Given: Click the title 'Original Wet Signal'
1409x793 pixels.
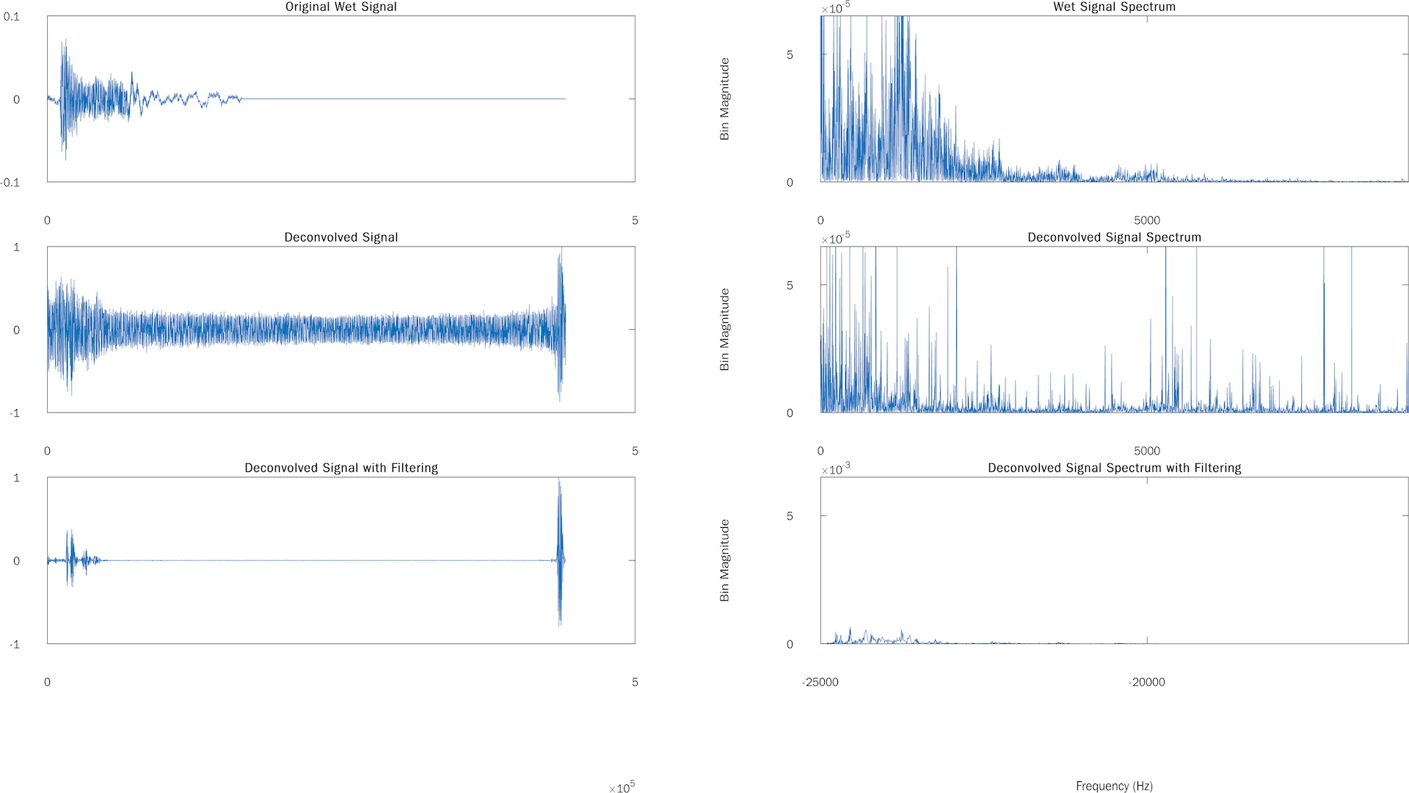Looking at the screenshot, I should [x=341, y=7].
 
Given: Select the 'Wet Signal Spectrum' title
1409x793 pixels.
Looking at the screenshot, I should [x=1114, y=7].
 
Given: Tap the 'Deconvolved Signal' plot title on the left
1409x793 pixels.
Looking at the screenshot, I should [x=341, y=238].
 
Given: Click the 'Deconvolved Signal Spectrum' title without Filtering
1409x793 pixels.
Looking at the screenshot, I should [x=1114, y=238].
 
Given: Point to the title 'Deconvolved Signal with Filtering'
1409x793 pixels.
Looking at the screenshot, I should [x=341, y=468].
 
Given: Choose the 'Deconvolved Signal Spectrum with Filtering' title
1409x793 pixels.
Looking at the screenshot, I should [x=1114, y=468].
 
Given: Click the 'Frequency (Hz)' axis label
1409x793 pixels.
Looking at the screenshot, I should [x=1114, y=786].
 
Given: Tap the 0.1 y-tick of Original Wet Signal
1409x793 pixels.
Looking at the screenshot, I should [x=12, y=17].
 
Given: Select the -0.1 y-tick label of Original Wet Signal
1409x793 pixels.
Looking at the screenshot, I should [x=10, y=183].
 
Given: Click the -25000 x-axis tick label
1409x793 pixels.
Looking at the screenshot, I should [x=820, y=682].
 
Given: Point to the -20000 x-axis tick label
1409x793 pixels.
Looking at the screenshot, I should [x=1147, y=682].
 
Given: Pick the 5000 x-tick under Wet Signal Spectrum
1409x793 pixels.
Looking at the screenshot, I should [x=1147, y=220].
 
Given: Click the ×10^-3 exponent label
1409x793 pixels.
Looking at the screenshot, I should [x=835, y=470].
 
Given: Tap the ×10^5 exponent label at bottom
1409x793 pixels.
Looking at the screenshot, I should [x=622, y=788].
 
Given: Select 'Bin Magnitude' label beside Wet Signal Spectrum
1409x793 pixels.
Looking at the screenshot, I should [x=724, y=99].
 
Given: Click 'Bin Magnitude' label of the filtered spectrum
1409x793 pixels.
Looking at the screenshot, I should [x=724, y=561].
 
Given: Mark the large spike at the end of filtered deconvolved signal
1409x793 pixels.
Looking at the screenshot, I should [x=560, y=558].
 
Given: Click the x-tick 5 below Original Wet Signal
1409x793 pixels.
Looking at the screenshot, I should [x=635, y=220].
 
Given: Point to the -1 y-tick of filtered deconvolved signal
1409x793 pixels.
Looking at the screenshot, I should [x=15, y=645].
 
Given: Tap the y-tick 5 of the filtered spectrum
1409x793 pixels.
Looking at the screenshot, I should [x=790, y=516].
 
